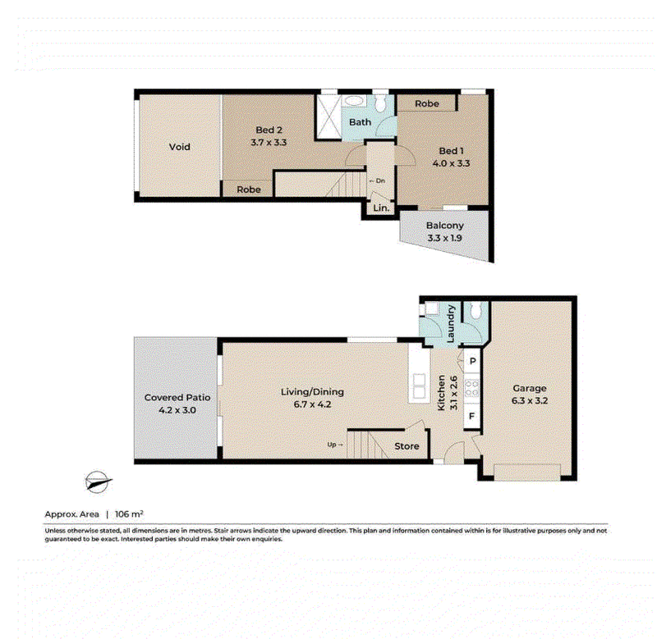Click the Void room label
coord(179,147)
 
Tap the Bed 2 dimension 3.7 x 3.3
coord(269,142)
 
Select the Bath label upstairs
coord(360,122)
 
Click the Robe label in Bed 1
coord(427,103)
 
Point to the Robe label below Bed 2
coord(249,189)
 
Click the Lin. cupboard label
coord(381,208)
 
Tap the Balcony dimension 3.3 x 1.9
coord(444,238)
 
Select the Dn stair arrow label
coord(377,180)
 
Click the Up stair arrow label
coord(335,445)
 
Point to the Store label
coord(407,446)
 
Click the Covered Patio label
coord(177,398)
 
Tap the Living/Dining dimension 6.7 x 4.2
coord(312,404)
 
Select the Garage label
coord(529,388)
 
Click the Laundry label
coord(451,324)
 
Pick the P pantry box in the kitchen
coord(472,361)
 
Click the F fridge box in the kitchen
coord(471,417)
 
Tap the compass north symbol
coord(98,482)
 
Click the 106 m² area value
coord(129,513)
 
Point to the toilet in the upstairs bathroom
coord(380,103)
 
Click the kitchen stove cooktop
coord(471,387)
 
